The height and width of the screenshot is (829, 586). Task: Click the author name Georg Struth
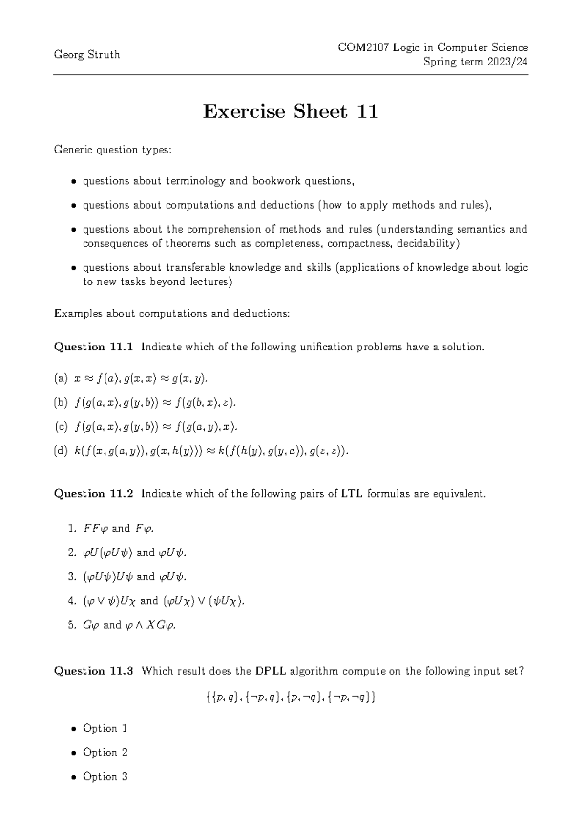click(x=86, y=55)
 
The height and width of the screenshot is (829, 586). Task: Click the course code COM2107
click(x=359, y=47)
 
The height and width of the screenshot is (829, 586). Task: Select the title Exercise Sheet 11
click(x=291, y=112)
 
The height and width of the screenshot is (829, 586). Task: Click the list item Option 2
click(x=105, y=752)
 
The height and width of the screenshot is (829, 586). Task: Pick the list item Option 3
click(x=105, y=776)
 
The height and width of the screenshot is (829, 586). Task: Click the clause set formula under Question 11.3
click(x=291, y=698)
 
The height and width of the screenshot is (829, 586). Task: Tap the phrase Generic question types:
click(x=112, y=150)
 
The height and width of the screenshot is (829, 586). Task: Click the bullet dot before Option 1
click(x=73, y=729)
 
